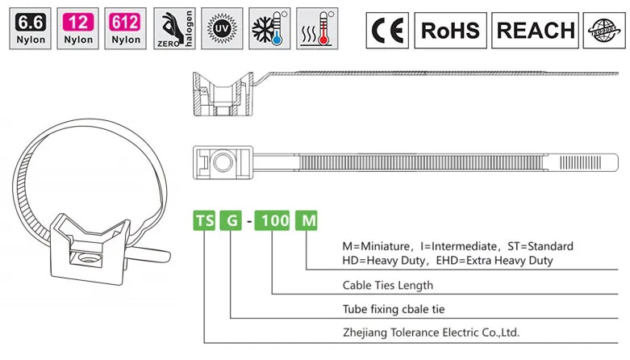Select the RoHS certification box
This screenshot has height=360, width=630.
[x=450, y=31]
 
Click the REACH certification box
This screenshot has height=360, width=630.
[x=536, y=31]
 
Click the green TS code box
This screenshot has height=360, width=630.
[x=205, y=219]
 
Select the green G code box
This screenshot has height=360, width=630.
[x=231, y=219]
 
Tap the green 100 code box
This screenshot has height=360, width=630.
[x=272, y=219]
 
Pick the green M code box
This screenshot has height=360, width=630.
[x=306, y=219]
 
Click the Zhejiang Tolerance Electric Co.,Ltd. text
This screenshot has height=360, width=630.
[x=431, y=332]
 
